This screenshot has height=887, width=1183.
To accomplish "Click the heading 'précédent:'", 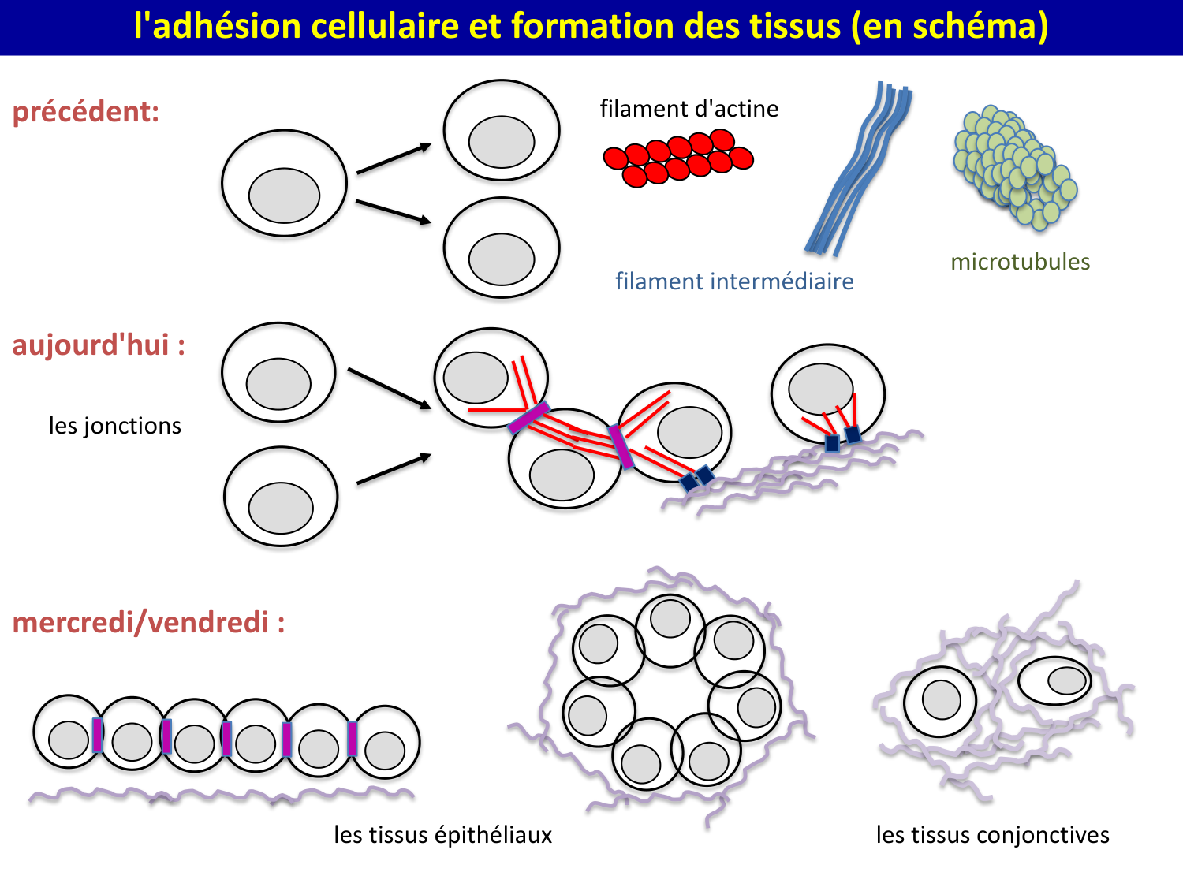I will (x=86, y=111).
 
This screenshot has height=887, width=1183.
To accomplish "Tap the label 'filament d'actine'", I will (x=689, y=108).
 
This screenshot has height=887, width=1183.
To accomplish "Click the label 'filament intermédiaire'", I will (x=734, y=281).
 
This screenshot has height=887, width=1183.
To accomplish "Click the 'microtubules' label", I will (x=1020, y=262).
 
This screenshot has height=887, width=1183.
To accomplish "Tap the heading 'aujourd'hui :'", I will (x=99, y=345).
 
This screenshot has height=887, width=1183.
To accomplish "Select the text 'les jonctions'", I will (x=115, y=426).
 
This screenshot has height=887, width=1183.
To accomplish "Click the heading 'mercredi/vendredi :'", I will (x=148, y=623).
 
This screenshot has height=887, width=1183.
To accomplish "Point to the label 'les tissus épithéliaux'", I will (x=442, y=835).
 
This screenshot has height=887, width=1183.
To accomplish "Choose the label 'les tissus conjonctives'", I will (x=992, y=835).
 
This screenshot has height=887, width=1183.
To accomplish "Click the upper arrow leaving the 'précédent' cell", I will (x=394, y=158).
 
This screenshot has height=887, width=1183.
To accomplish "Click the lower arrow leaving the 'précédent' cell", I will (x=394, y=212).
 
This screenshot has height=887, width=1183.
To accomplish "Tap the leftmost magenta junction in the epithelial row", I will (x=97, y=735).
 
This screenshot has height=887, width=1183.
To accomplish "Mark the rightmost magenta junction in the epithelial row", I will (x=352, y=739).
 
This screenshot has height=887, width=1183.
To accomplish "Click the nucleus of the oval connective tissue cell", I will (x=1067, y=680).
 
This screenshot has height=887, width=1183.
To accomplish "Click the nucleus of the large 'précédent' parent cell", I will (x=284, y=196).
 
